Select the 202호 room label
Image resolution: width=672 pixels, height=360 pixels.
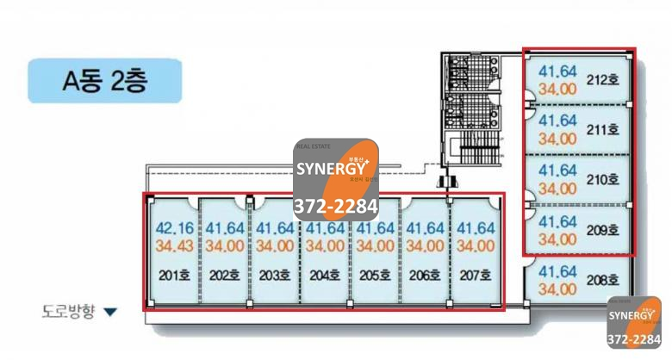223,276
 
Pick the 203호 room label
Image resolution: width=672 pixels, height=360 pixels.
274,276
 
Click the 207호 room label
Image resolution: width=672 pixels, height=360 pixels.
474,276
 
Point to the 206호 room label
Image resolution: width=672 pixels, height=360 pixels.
424,276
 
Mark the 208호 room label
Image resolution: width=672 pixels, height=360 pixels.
603,279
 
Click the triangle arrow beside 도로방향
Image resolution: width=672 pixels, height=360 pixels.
109,311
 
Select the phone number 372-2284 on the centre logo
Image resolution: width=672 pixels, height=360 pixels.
335,207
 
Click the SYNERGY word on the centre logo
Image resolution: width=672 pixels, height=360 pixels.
331,169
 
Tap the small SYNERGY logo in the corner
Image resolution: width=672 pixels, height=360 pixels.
634,322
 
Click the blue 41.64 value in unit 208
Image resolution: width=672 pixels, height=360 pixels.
557,272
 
